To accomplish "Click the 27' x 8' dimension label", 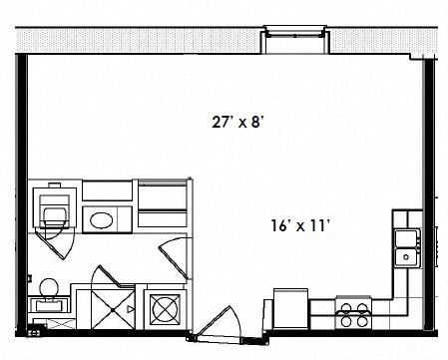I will [x=237, y=123].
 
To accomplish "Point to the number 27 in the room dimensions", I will [x=220, y=123].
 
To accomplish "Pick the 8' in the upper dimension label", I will [x=257, y=123].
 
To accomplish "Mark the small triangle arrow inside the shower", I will [x=130, y=311].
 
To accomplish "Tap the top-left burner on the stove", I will [x=344, y=306].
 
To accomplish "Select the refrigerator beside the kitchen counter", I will [x=290, y=310].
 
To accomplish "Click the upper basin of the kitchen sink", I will [x=406, y=237].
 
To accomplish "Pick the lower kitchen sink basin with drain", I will [x=406, y=257].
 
